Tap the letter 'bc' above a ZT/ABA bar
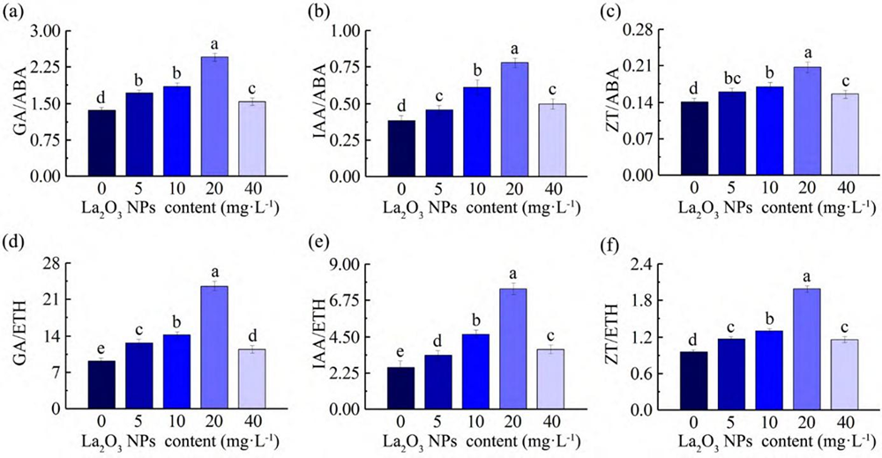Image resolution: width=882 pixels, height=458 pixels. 732,78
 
